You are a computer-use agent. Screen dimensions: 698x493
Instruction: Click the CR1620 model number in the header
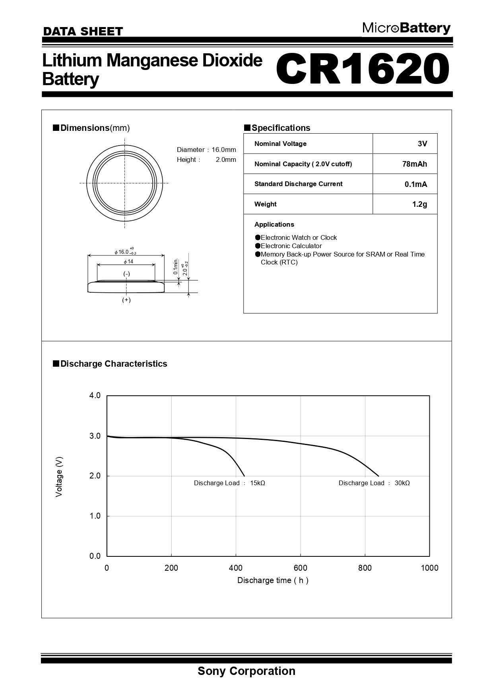363,68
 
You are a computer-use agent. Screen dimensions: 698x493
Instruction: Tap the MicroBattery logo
406,28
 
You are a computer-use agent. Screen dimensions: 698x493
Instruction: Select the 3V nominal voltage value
422,144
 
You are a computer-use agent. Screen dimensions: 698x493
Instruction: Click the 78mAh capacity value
415,164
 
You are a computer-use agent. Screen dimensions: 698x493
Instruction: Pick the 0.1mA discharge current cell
416,184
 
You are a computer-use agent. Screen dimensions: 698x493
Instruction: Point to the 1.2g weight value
419,204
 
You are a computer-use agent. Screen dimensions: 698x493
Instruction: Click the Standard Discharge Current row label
298,184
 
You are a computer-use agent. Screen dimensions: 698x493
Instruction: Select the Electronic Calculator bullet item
291,246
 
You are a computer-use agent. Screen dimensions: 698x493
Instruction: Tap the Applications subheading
274,224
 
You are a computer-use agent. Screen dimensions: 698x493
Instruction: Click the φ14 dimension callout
128,261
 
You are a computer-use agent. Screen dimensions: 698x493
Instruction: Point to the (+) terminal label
126,300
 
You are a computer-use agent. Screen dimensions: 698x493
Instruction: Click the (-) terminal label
126,274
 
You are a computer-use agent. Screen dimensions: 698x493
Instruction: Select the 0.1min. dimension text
176,266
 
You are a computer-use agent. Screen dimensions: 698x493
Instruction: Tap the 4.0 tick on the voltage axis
95,395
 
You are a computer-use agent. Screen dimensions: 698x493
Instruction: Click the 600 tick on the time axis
301,568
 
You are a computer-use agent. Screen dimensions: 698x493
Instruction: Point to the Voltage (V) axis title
59,476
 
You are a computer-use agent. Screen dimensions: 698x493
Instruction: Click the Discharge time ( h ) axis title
273,580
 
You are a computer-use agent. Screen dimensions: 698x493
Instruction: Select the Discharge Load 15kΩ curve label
229,483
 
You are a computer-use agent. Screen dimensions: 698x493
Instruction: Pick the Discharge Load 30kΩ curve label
374,483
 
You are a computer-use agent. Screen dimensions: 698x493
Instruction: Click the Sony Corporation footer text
246,671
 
